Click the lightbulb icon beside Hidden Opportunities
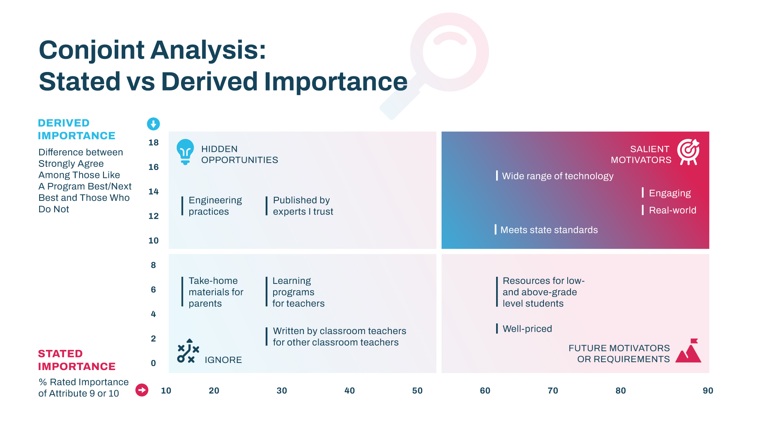point(185,152)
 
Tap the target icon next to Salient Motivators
point(688,152)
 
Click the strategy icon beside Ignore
point(188,351)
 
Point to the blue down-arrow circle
point(153,124)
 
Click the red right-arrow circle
point(142,390)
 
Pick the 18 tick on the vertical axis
point(153,143)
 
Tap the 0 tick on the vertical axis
point(153,363)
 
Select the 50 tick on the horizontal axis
point(417,391)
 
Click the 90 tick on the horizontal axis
point(708,391)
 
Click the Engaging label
point(670,193)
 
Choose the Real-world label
point(672,210)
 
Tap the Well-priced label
point(527,329)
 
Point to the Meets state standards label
point(549,230)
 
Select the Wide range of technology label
point(558,176)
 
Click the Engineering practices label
point(215,206)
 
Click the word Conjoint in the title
point(92,51)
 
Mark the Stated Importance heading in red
point(77,360)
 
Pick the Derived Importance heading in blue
point(77,129)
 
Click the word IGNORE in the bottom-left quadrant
point(223,360)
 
